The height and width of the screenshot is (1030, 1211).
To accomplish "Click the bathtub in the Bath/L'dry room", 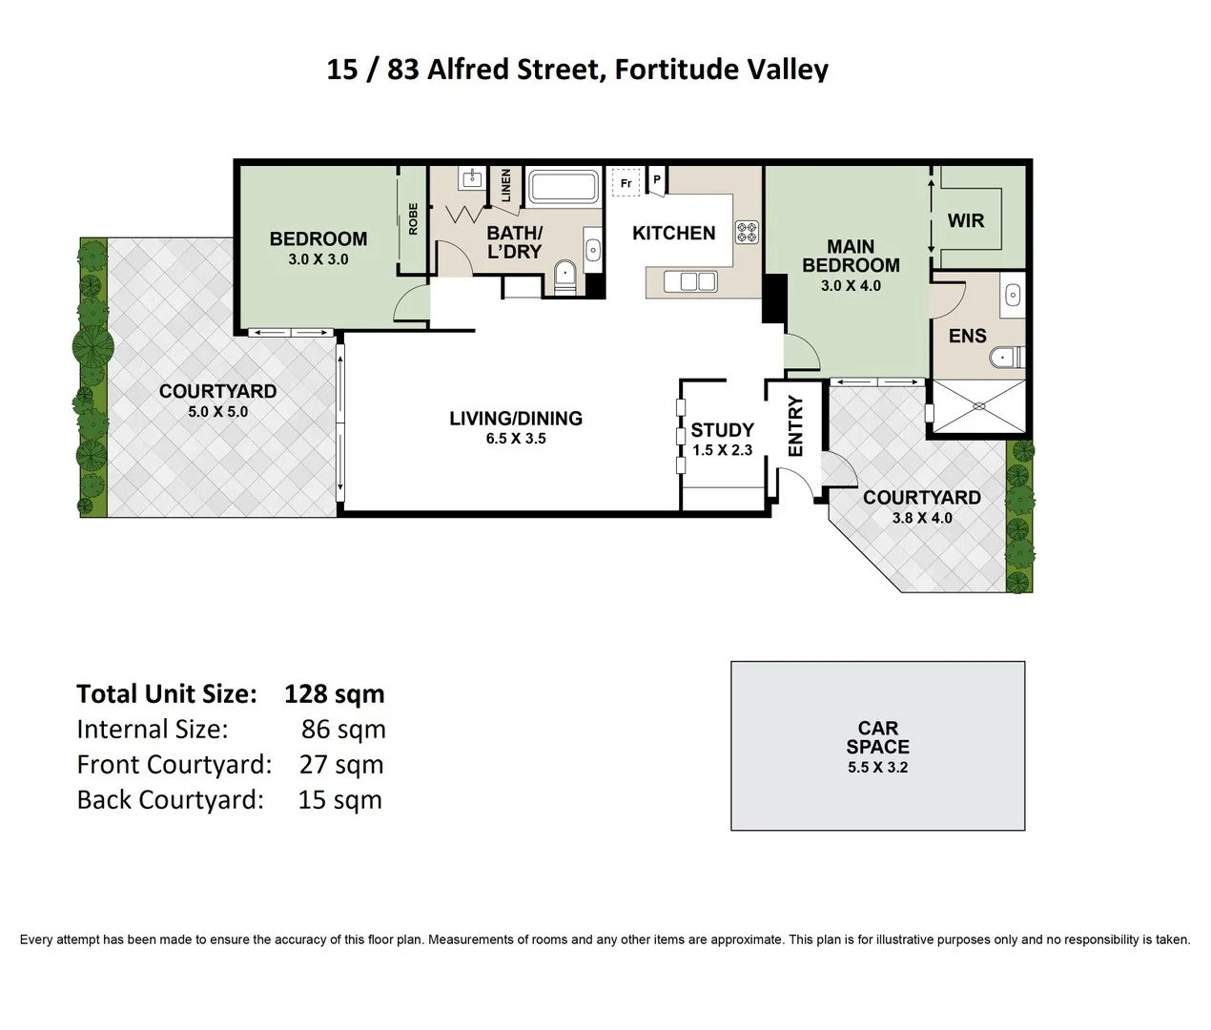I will [x=563, y=187].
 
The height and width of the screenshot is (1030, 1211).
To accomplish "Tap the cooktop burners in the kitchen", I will [x=747, y=232].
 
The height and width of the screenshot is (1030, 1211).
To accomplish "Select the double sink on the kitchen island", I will [x=690, y=281].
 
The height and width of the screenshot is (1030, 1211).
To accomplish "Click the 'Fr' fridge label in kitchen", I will [x=626, y=183].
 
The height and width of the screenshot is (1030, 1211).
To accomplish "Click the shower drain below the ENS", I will [x=978, y=406].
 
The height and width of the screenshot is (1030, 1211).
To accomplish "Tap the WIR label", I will [x=965, y=220].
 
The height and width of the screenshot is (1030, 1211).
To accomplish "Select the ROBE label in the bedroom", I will [x=413, y=218].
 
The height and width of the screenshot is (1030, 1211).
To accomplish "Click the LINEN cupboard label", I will [x=505, y=185].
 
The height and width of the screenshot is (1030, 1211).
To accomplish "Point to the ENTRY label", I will [x=795, y=425].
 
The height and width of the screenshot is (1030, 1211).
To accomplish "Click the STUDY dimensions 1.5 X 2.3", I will [x=722, y=450].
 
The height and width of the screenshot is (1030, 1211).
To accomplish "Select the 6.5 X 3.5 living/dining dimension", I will [x=516, y=439].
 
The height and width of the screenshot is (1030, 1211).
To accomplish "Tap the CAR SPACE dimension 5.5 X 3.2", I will [x=877, y=767].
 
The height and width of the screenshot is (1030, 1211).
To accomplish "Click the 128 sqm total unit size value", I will [x=334, y=693].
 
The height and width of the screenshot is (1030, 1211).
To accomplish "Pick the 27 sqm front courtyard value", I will [x=340, y=764].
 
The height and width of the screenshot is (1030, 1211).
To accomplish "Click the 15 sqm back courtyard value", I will [x=339, y=799].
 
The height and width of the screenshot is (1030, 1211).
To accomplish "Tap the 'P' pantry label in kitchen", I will [x=657, y=179].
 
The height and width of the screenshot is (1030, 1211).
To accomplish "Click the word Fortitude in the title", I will [x=661, y=70].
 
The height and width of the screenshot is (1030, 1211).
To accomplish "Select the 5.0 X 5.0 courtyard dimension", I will [x=217, y=412].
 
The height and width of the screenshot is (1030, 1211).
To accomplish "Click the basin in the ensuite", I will [x=1013, y=296].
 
